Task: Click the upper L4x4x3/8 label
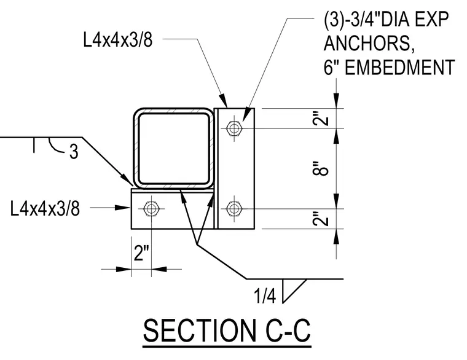tap(118, 40)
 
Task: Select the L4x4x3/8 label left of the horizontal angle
tap(45, 208)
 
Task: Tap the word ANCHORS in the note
tap(369, 44)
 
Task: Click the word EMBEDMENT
tap(400, 68)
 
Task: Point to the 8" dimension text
tap(321, 168)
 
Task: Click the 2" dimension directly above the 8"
tap(321, 119)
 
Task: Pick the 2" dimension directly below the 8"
tap(321, 219)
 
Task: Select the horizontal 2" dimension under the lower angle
tap(141, 253)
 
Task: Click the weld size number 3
tap(74, 152)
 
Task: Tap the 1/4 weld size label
tap(265, 296)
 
